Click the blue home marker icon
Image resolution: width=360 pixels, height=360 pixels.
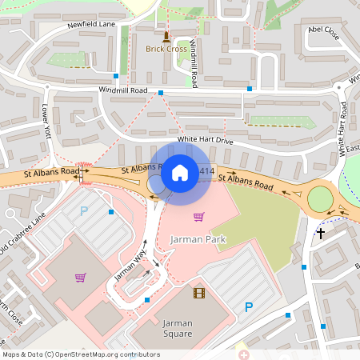[180, 172]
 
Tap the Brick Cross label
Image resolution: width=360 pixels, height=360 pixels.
[166, 49]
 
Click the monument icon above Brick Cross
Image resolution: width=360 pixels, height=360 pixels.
[166, 36]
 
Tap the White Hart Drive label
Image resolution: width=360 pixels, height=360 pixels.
[205, 140]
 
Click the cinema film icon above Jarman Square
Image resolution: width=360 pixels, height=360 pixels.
[198, 293]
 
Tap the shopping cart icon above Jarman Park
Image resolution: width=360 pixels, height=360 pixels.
[198, 217]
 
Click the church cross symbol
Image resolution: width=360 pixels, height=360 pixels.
[321, 234]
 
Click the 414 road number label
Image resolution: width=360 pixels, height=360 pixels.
[207, 171]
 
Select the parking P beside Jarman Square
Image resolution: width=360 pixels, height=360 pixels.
[249, 306]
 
